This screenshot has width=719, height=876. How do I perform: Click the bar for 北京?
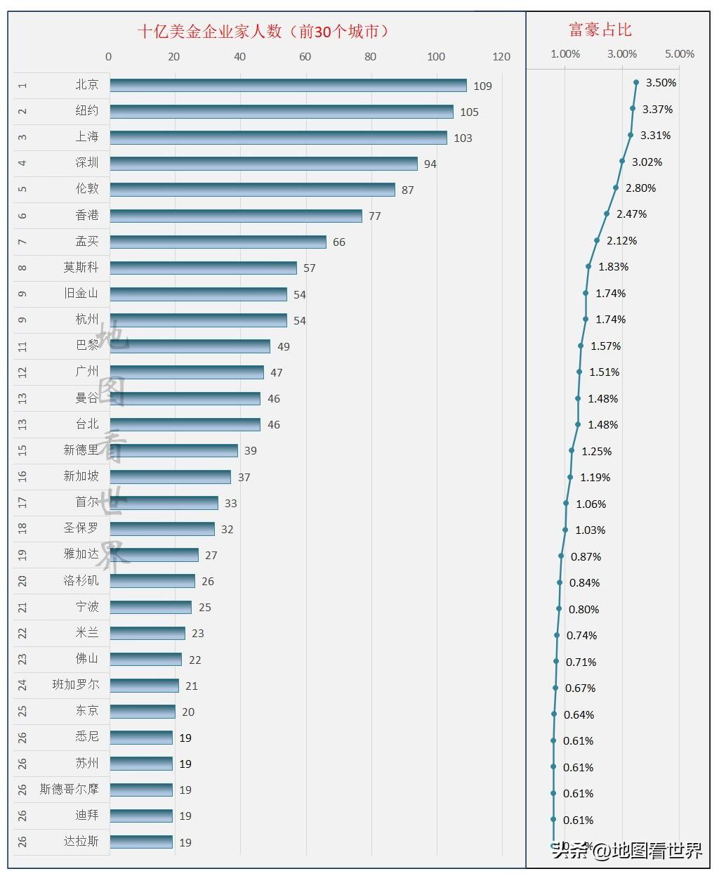click(288, 85)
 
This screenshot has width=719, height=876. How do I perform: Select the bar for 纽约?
click(281, 112)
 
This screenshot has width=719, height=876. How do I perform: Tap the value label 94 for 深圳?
click(430, 164)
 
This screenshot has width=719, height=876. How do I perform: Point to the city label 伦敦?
click(87, 188)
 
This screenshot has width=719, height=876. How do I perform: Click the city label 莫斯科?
click(81, 267)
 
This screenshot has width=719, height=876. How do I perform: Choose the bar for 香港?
click(236, 216)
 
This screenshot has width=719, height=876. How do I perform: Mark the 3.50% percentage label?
click(661, 83)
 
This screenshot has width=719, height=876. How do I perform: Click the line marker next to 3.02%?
click(622, 161)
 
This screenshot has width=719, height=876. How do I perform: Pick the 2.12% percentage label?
click(621, 241)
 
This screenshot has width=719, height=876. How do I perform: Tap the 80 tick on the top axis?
click(370, 57)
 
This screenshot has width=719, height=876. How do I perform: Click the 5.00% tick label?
click(679, 54)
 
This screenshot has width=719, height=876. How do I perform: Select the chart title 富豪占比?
click(600, 30)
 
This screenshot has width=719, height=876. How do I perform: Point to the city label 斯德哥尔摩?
click(69, 789)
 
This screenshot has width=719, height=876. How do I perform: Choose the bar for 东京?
click(143, 712)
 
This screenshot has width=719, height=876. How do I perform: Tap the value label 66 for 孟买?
click(338, 242)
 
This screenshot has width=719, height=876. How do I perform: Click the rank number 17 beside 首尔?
click(22, 502)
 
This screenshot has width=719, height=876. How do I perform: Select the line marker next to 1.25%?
click(572, 450)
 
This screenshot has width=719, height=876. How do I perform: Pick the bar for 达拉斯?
click(141, 842)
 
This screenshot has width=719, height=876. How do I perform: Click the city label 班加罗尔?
click(75, 684)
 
